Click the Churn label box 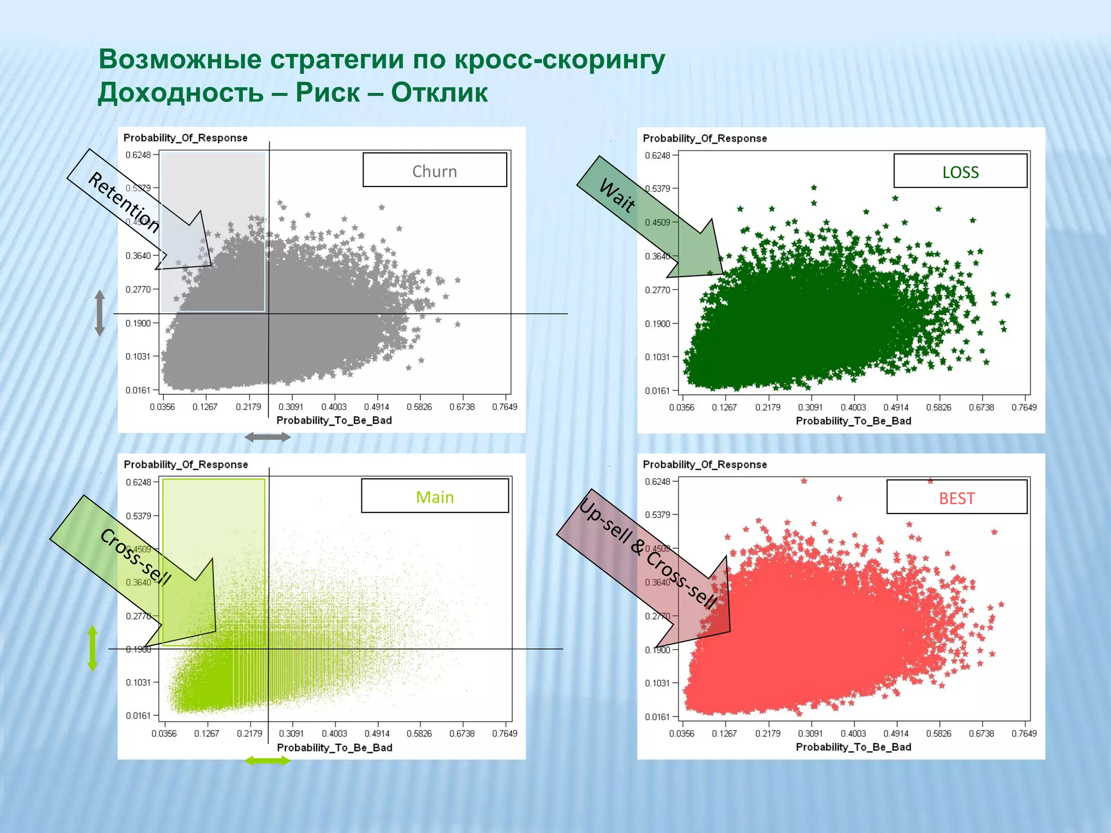pos(435,170)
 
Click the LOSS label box pos(960,171)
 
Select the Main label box pos(435,496)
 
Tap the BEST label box pos(957,497)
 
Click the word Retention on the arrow pos(124,202)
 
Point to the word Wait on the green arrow pos(617,195)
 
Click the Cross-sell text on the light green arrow pos(136,556)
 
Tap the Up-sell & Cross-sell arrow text pos(648,553)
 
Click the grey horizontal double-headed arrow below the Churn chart pos(267,437)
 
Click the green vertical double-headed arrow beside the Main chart pos(93,648)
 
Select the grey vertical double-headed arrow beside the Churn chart pos(100,313)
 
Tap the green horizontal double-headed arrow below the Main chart pos(267,761)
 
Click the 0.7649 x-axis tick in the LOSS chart pos(1024,407)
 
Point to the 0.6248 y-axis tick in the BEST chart pos(657,482)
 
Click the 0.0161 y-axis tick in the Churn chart pos(138,390)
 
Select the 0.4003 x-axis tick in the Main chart pos(334,733)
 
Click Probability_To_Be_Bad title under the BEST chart pos(853,747)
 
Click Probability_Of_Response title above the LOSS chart pos(705,138)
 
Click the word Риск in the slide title pos(328,92)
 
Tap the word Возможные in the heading pos(180,59)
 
